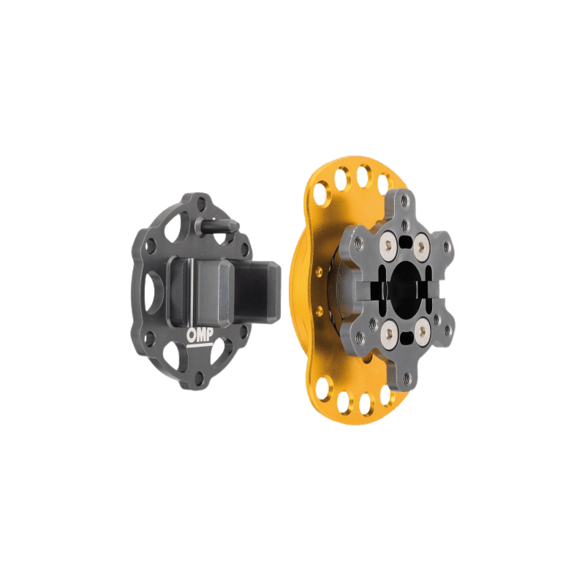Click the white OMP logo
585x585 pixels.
(x=200, y=336)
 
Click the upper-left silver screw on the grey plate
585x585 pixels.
(x=388, y=246)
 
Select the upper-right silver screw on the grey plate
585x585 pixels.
(x=422, y=246)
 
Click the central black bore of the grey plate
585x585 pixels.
(x=404, y=287)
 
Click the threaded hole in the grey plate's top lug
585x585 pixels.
(x=404, y=202)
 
